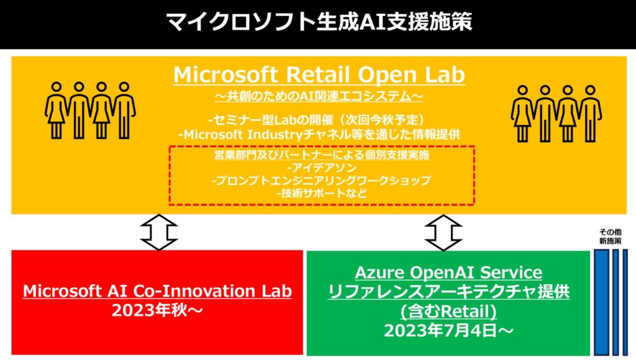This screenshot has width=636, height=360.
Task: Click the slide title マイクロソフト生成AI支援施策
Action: coord(319,22)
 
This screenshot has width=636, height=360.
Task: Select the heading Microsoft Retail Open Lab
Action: coord(319,74)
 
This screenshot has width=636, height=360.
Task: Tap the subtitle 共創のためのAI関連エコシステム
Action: coord(319,96)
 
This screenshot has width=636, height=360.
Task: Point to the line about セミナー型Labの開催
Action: coord(319,120)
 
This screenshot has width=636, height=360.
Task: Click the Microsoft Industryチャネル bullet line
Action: coord(319,135)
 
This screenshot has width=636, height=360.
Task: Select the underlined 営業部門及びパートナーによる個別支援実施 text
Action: coord(322,155)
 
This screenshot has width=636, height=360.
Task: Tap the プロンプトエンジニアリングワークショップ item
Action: coord(322,181)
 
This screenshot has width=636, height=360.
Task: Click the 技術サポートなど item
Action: coord(322,193)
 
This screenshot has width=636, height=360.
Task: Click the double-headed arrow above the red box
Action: coord(158,232)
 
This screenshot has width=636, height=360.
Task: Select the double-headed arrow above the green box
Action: coord(443,232)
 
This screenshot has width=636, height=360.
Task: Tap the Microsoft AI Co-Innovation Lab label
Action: coord(157,291)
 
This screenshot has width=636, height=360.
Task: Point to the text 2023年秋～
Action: coord(157,311)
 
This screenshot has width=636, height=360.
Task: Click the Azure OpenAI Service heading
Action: coord(448,272)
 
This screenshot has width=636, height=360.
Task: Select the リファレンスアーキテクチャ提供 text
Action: coord(448,292)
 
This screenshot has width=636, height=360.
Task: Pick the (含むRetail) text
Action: coord(448,312)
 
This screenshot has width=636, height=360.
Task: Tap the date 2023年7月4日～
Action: coord(448,331)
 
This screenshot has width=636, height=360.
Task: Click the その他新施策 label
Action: coord(611,236)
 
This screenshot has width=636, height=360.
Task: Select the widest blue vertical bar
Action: coord(602,302)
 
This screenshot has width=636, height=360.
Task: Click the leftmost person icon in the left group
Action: coord(57,110)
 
